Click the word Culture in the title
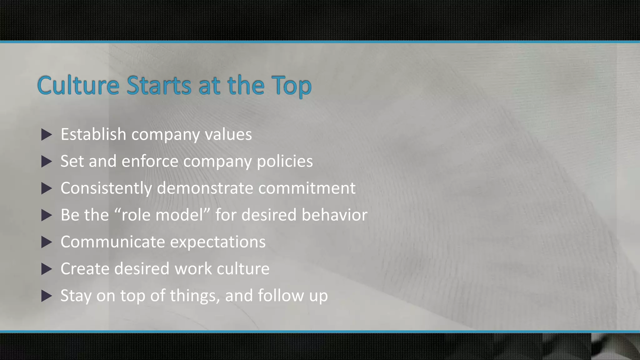78,85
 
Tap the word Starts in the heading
159,85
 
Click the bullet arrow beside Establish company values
47,135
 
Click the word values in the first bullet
228,135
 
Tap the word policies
285,162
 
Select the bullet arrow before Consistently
47,188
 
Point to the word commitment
307,188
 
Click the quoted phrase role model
162,215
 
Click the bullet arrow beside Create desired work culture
47,269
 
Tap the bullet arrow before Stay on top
47,296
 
